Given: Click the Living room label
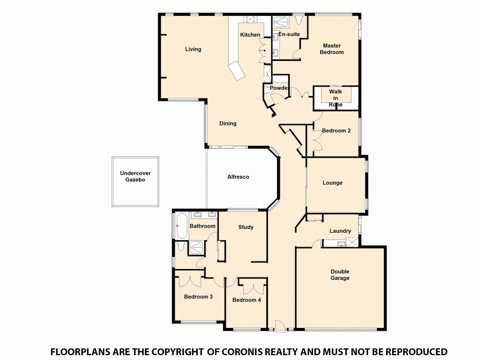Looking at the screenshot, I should pos(193,49).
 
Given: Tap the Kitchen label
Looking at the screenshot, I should pos(250,35).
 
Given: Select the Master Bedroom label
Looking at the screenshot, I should pos(332,49).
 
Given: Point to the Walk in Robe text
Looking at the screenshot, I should pos(336,98).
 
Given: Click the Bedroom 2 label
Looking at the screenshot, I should pos(336,131).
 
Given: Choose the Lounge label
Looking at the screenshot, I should pos(333,183).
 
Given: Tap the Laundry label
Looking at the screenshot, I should pos(340,231).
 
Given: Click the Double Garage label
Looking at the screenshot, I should pos(340,275).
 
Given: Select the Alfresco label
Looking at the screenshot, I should pos(238,177).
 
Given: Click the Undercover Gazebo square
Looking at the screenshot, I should pos(135,181).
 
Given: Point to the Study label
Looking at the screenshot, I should pos(246,227).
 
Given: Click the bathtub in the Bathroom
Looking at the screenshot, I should pos(181,226).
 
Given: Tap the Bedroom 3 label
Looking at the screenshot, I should pos(198,297).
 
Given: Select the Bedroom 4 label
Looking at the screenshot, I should pos(246,300).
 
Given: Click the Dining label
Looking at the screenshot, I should pos(228,123).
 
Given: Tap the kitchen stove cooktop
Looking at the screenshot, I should pos(250,19).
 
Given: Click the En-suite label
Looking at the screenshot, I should pos(289,35).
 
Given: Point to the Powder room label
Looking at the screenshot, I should pos(279,88).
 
